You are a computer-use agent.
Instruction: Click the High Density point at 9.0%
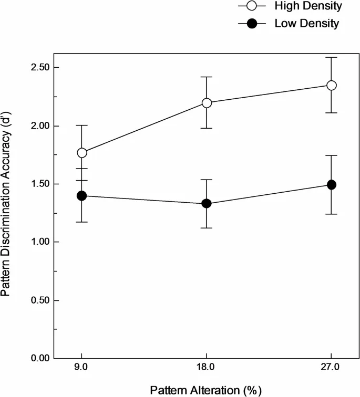pos(82,153)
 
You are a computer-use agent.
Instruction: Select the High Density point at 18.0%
pos(207,103)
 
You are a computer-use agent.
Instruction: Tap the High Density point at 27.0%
pos(332,85)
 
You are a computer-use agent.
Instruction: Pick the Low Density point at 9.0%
pos(82,196)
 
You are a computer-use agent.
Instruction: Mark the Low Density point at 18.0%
pos(207,203)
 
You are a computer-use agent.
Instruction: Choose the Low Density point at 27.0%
pos(332,185)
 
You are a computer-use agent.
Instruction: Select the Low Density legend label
pos(307,24)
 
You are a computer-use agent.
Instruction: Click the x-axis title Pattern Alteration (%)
pos(205,390)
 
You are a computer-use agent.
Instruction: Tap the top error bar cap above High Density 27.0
pos(332,57)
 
